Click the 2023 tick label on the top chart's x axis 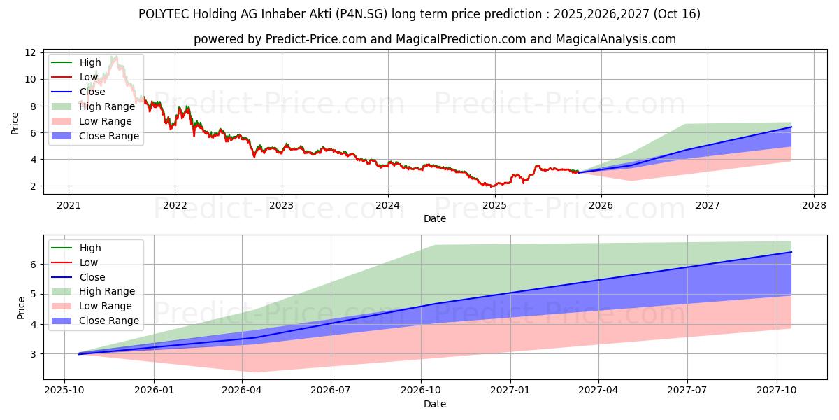tap(281, 205)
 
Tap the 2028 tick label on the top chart tap(814, 205)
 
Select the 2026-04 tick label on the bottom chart tap(242, 389)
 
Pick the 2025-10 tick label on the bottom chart tap(65, 389)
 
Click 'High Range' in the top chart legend tap(107, 106)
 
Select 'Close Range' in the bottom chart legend tap(109, 321)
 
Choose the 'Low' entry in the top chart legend tap(89, 77)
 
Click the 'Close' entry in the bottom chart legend tap(92, 277)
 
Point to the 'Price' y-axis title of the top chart tap(15, 123)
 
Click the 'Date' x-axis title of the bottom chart tap(435, 404)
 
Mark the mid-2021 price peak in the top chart tap(114, 57)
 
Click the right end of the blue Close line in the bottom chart tap(791, 252)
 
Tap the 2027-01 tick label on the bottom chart tap(510, 389)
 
